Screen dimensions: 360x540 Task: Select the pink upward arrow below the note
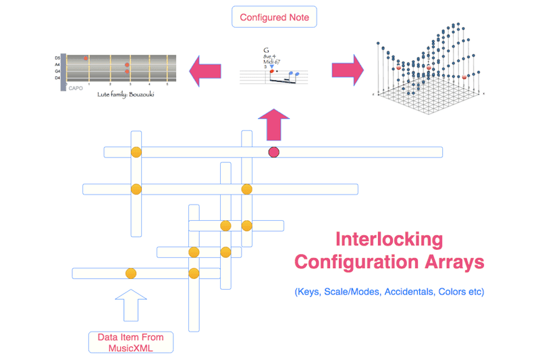(x=273, y=123)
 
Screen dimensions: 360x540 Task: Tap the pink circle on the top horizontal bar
(x=274, y=152)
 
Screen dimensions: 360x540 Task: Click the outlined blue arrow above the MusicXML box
(x=131, y=304)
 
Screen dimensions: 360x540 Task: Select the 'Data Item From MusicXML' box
(x=131, y=342)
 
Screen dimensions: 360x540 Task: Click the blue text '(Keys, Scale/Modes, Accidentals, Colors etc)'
(x=389, y=292)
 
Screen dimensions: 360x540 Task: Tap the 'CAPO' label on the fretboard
(x=76, y=88)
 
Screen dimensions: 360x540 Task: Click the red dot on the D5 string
(x=86, y=58)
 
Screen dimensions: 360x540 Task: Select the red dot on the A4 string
(x=127, y=65)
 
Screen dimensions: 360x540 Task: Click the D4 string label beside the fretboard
(x=57, y=78)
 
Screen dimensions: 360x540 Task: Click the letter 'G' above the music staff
(x=266, y=50)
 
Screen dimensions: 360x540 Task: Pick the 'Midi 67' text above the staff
(x=271, y=62)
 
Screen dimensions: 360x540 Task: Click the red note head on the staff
(x=271, y=71)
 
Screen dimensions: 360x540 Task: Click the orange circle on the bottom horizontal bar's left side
(x=131, y=274)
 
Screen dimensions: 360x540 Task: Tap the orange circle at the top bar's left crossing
(x=136, y=152)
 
